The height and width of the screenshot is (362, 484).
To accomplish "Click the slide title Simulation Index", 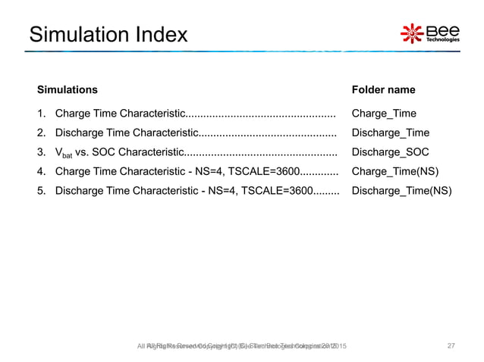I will (x=107, y=34).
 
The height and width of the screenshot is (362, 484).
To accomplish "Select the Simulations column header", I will (x=68, y=89).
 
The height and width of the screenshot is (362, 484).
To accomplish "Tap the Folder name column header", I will (x=383, y=89).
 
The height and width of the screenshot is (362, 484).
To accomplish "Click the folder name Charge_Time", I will (x=384, y=114).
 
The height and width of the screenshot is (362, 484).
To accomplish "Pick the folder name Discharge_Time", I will (x=391, y=133).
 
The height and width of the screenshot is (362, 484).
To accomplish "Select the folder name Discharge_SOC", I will (x=391, y=151).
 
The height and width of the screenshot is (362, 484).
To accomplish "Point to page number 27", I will (x=451, y=346).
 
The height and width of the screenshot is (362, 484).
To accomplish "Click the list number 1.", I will (x=41, y=114).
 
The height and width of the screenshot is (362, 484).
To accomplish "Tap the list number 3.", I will (x=41, y=151).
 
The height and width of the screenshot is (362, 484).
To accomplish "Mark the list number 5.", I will (x=41, y=189).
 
